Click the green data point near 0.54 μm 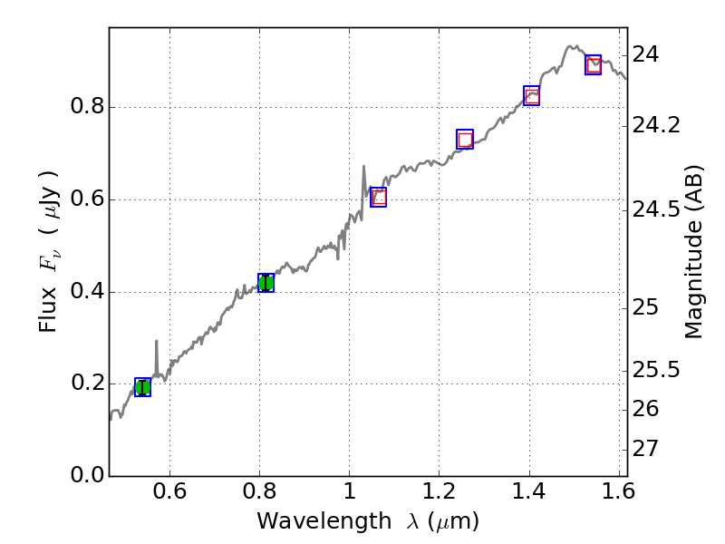[x=142, y=387]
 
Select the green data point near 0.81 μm [x=266, y=283]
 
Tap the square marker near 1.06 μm [x=378, y=197]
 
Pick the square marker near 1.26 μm [x=465, y=140]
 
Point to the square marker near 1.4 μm [x=532, y=96]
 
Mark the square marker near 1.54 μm [x=594, y=64]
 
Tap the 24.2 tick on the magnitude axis [x=655, y=124]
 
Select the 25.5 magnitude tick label [x=655, y=370]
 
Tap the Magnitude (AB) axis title [x=694, y=252]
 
